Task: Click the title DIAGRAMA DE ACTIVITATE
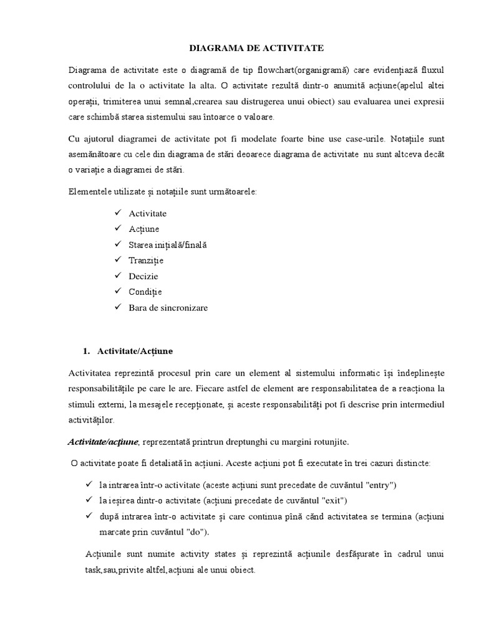[x=239, y=47]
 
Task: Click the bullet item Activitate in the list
[x=148, y=214]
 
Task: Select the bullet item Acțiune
[x=144, y=229]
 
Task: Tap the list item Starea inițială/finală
[x=167, y=245]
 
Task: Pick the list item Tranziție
[x=146, y=260]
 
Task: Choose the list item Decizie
[x=143, y=276]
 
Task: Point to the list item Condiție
[x=145, y=292]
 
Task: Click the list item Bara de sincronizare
[x=168, y=308]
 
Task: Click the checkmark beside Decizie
[x=117, y=276]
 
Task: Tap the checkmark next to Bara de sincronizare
[x=117, y=308]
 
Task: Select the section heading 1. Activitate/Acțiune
[x=128, y=351]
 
